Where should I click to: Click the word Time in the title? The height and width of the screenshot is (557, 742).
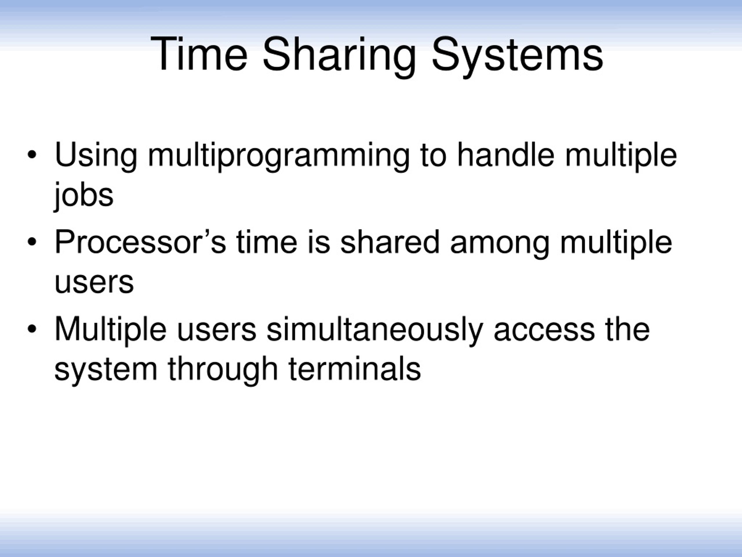(x=199, y=54)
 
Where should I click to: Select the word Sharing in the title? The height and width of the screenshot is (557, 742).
(x=339, y=55)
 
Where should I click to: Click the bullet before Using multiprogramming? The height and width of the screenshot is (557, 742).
(x=32, y=155)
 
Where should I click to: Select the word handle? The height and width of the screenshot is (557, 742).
(x=505, y=155)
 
